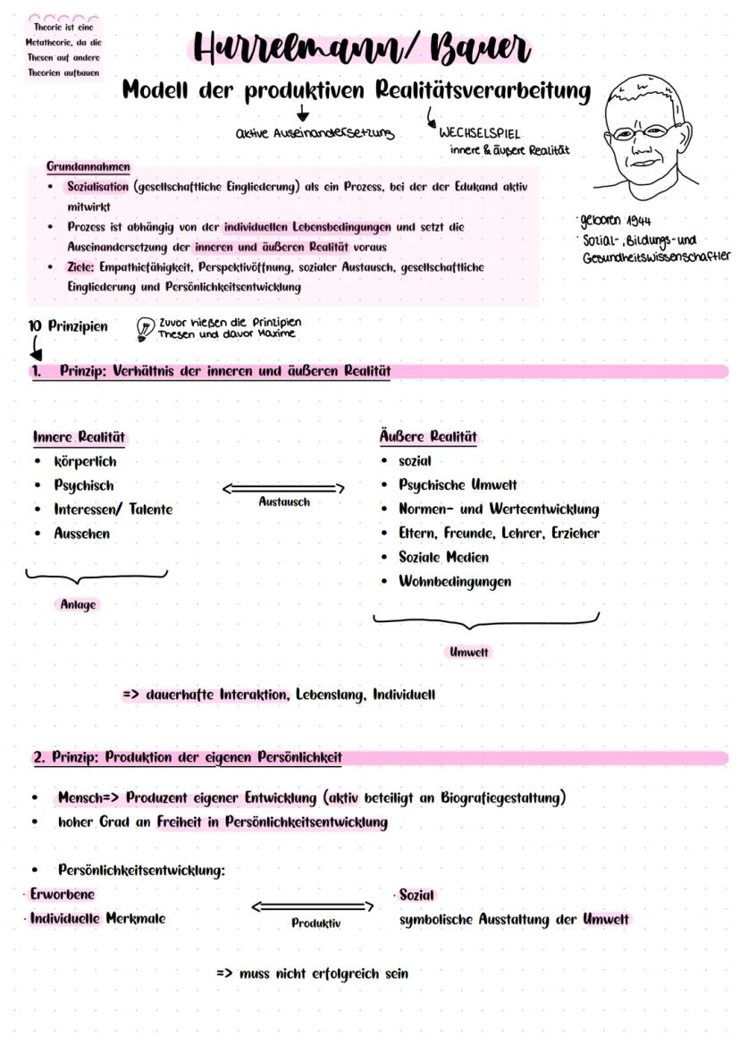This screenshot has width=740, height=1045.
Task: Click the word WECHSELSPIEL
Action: (479, 133)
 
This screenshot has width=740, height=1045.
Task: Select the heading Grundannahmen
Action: (88, 166)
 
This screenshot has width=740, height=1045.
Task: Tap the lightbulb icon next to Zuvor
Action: (143, 328)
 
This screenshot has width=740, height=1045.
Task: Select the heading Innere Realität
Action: (79, 437)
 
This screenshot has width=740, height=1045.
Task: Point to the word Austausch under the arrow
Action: (284, 502)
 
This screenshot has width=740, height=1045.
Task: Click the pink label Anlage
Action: (78, 604)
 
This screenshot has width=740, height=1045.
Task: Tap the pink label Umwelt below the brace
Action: (468, 653)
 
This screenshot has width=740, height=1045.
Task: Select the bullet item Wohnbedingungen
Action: (455, 581)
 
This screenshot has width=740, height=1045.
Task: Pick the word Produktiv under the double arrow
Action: (316, 923)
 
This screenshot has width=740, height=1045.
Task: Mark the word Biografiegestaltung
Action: (504, 797)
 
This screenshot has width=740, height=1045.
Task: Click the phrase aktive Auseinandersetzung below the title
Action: (302, 133)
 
